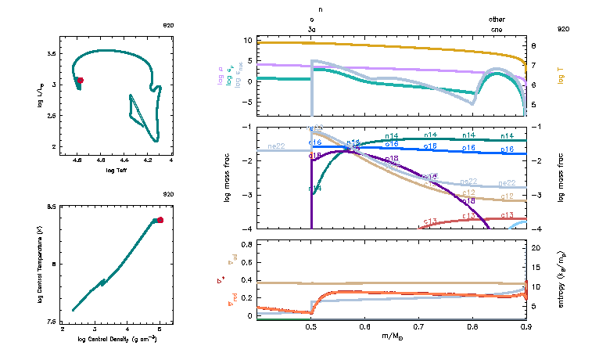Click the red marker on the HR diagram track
[x=80, y=80]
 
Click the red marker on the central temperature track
[x=160, y=220]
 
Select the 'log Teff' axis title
[x=115, y=170]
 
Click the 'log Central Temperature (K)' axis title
[x=39, y=264]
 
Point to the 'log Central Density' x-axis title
[x=117, y=340]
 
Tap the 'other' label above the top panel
[x=497, y=19]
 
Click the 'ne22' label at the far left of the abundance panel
[x=275, y=146]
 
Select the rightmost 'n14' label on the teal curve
[x=508, y=136]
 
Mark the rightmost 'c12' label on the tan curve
[x=508, y=196]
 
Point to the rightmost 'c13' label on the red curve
[x=508, y=215]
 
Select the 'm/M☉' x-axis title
[x=393, y=337]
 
